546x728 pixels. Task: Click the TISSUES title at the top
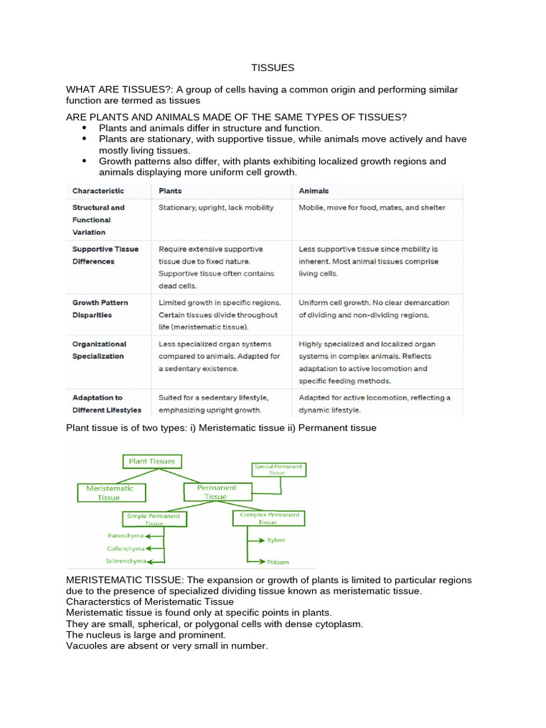point(272,68)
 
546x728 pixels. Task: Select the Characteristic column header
point(98,191)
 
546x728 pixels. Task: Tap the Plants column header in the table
point(170,191)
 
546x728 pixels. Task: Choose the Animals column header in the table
point(314,191)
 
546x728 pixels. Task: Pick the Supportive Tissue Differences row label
point(105,255)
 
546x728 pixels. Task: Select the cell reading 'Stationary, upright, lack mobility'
point(216,208)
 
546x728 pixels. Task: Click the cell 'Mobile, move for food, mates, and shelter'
point(372,208)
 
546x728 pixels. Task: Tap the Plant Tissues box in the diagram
point(152,461)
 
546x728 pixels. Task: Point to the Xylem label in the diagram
point(276,540)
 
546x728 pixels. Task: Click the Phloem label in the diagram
point(278,562)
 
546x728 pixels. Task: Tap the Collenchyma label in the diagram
point(126,548)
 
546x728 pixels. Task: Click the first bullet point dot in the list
point(84,127)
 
